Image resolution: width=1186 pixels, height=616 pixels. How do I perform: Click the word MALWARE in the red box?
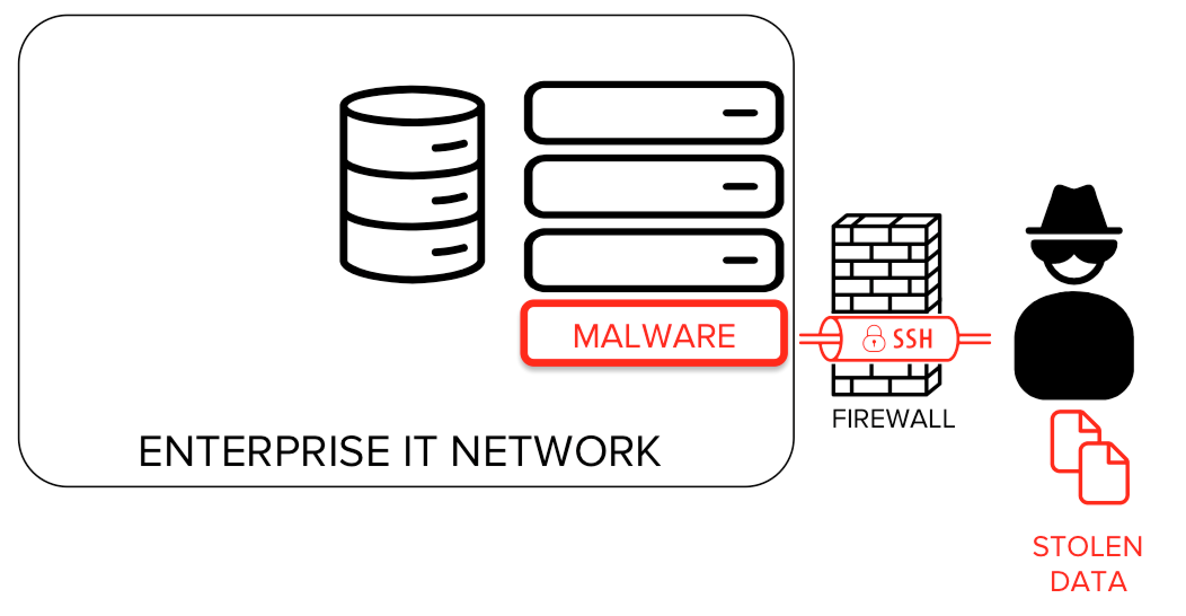coord(654,336)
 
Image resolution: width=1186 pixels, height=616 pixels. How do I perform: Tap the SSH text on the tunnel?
coord(913,339)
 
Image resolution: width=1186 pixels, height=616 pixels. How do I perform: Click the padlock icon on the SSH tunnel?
coord(874,338)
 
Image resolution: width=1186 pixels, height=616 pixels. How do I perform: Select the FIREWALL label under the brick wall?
coord(893,419)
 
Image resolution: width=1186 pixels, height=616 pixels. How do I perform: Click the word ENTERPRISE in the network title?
coord(264,451)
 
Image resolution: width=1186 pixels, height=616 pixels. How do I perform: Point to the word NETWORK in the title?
coord(555,451)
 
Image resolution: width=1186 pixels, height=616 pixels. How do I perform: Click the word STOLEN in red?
coord(1087,547)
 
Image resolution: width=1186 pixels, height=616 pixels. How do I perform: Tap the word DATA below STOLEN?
coord(1088,582)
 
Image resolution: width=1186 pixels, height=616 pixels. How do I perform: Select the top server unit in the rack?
coord(654,113)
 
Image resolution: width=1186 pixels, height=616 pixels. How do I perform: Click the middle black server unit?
coord(654,186)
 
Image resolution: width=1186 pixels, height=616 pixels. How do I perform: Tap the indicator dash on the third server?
coord(740,260)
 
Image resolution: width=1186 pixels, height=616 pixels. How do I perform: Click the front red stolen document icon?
coord(1104,474)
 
